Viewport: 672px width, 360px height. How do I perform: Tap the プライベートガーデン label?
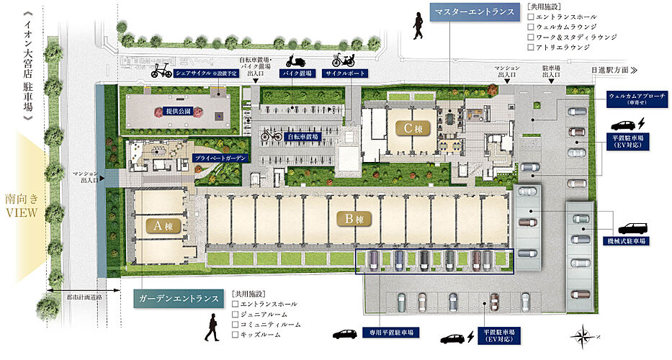coord(220,157)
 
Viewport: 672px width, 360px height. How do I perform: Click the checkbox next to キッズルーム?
coord(235,336)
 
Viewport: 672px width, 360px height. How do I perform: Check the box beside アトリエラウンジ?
coord(530,47)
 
